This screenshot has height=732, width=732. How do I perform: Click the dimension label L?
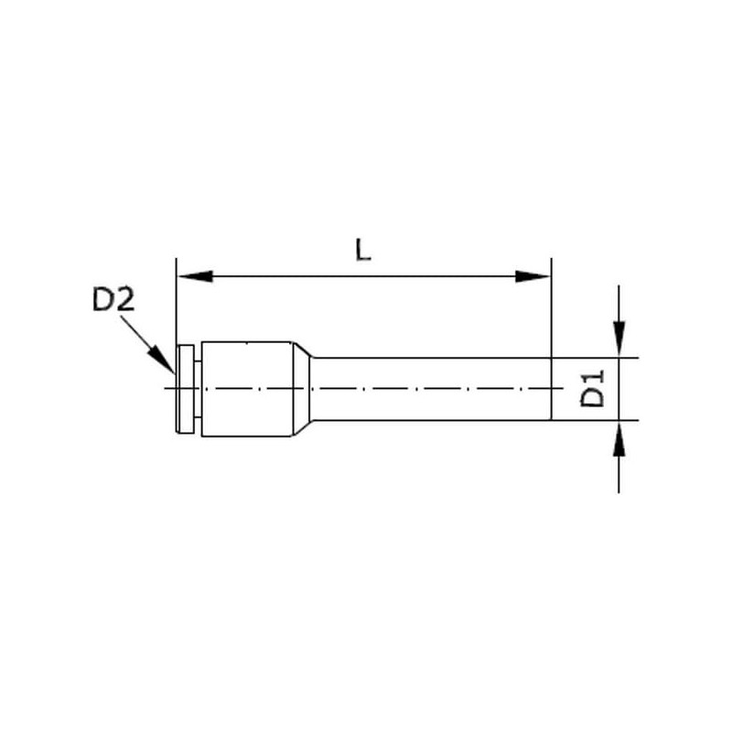363,249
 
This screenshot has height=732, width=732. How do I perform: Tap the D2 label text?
113,299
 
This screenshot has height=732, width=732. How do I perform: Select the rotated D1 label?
592,388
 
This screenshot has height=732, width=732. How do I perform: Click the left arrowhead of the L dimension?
195,276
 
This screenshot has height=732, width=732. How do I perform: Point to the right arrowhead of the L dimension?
533,276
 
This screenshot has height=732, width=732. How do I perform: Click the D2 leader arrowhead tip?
175,374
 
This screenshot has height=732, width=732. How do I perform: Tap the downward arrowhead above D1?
619,339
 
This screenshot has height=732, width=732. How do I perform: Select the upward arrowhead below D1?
619,438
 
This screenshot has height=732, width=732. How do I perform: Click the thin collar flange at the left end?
186,388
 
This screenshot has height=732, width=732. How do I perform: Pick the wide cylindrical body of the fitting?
247,389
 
